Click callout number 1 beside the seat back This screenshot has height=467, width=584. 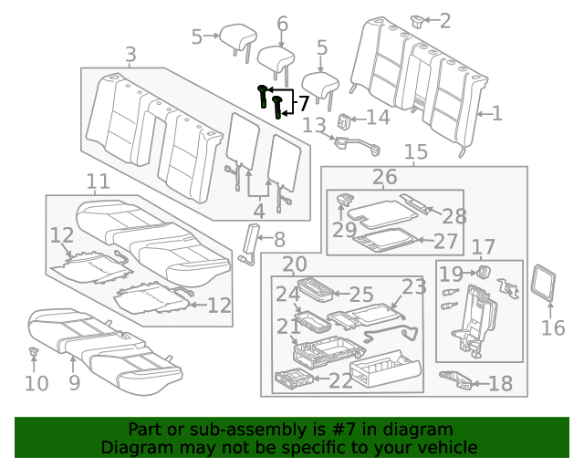[496, 114]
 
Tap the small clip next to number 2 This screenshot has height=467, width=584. [420, 19]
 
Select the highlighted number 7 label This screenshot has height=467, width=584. [303, 103]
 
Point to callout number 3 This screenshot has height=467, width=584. [130, 56]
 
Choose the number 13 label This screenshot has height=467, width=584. [313, 125]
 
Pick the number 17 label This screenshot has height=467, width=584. [483, 246]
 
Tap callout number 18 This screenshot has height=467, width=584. [500, 383]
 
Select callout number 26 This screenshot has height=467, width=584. [384, 176]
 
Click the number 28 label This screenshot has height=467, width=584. [454, 214]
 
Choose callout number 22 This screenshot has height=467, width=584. [340, 381]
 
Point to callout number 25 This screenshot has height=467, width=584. [361, 294]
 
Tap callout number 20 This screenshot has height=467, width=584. [294, 265]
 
